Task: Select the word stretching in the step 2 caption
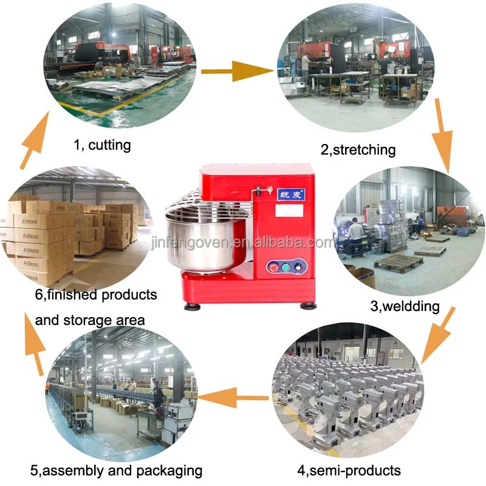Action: tap(364, 149)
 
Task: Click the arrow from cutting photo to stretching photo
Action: tap(237, 72)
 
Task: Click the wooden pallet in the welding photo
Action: tap(399, 262)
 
